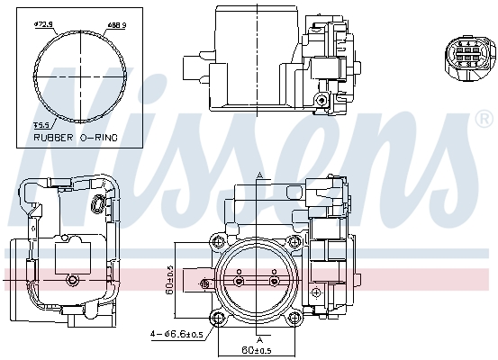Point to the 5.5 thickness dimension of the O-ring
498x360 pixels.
click(x=41, y=126)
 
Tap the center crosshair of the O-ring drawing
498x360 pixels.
click(x=79, y=76)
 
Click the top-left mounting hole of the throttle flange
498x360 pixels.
click(x=217, y=242)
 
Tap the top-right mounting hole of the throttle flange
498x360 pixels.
click(x=294, y=242)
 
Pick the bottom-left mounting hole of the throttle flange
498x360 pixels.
click(x=217, y=319)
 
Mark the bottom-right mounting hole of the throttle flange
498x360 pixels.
click(x=294, y=319)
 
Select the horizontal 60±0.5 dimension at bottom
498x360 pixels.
click(x=256, y=349)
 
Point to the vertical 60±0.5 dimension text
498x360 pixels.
click(x=170, y=281)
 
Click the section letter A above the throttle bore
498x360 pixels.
click(x=258, y=174)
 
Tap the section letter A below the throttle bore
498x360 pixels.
click(x=258, y=341)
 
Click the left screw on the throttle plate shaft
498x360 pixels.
click(x=238, y=282)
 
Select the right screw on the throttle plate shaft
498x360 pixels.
click(x=275, y=282)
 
